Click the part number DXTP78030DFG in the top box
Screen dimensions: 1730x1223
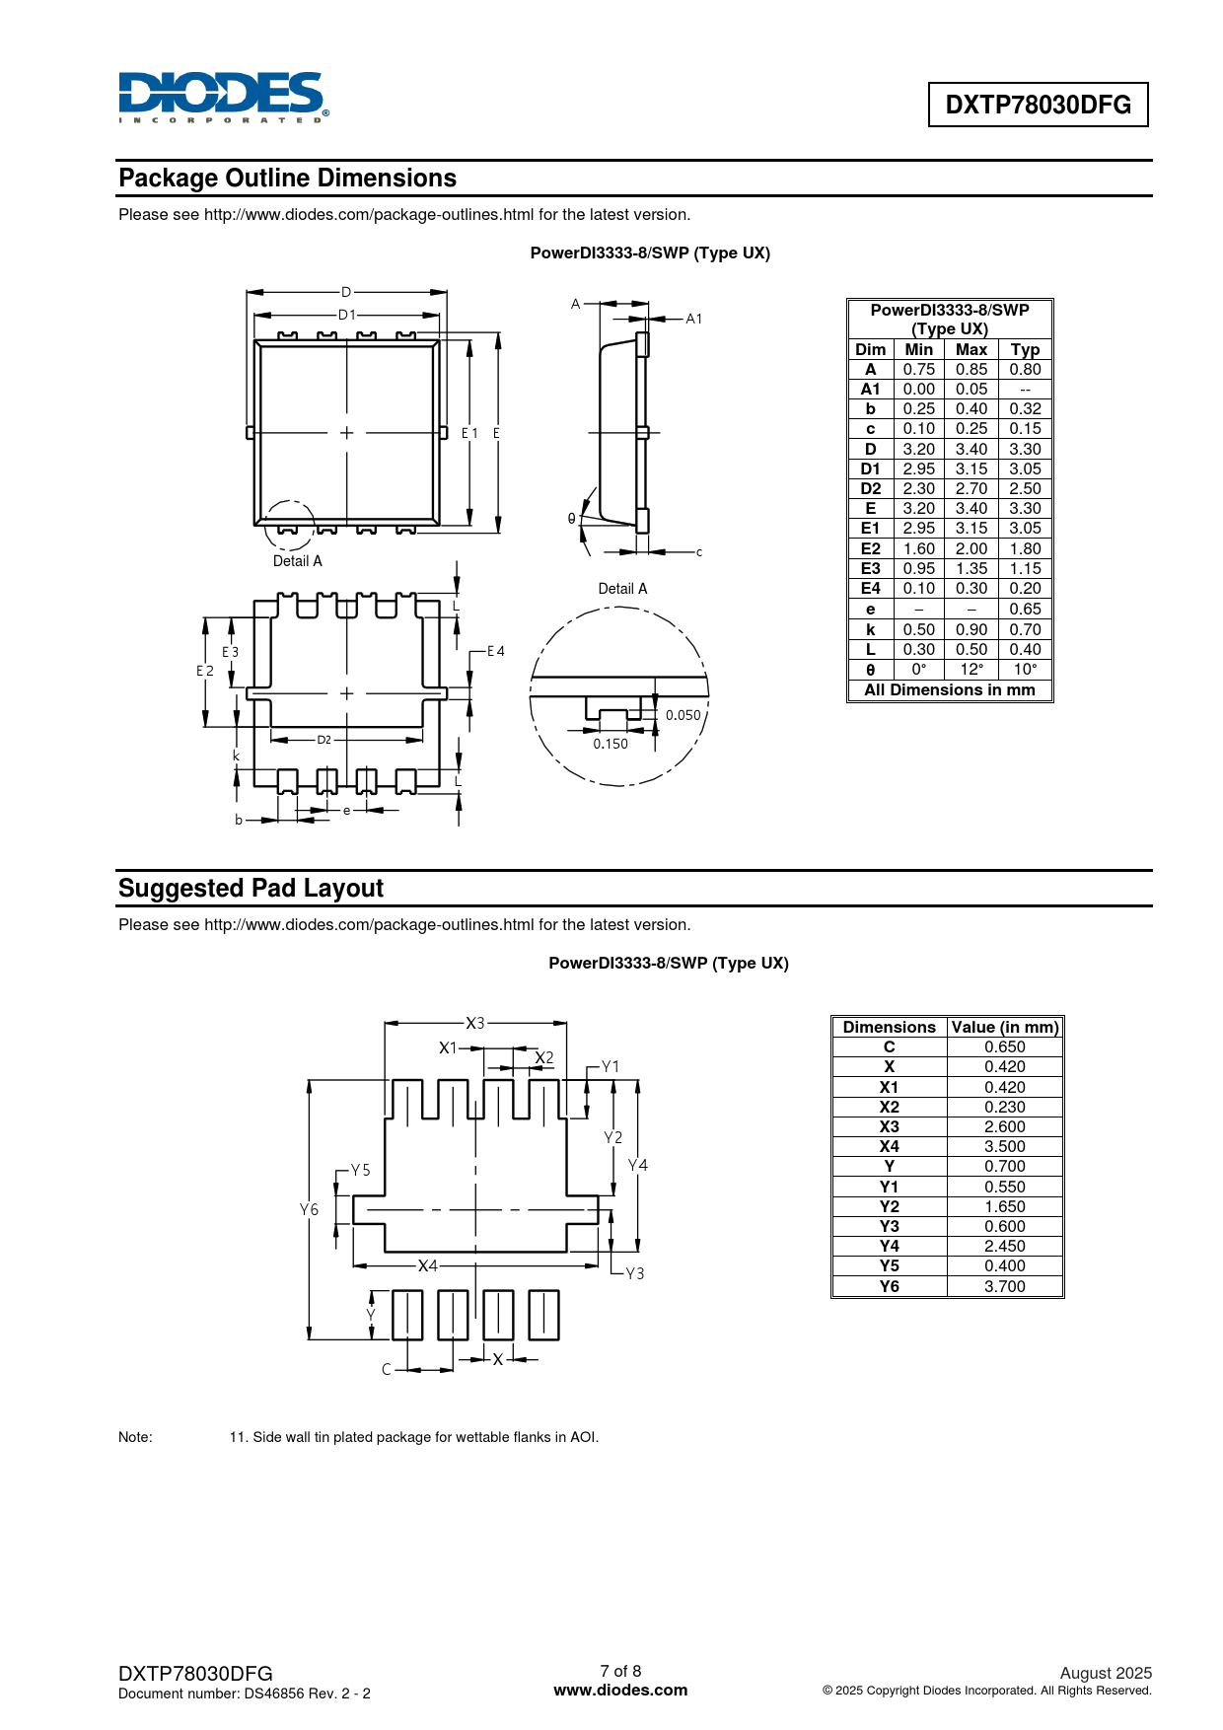coord(1038,105)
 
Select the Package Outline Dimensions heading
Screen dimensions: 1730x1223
coord(287,179)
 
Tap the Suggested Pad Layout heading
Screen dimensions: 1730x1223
coord(251,889)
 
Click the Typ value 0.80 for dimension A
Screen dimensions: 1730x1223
coord(1025,369)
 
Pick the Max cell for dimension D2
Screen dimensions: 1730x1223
coord(971,488)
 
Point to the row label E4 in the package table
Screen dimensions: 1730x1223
coord(870,588)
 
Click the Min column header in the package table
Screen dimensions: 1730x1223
coord(918,349)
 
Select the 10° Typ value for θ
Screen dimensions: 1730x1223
coord(1025,669)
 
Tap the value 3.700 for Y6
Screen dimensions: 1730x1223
coord(1004,1286)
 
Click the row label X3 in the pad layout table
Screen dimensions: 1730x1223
coord(889,1126)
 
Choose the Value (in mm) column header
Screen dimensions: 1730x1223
coord(1004,1027)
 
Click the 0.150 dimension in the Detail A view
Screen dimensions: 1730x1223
coord(611,744)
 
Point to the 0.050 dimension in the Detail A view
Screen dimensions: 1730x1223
coord(683,715)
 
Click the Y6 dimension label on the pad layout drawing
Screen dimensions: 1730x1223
coord(310,1209)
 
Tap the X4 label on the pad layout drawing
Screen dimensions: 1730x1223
coord(427,1265)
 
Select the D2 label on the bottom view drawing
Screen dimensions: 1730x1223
coord(324,740)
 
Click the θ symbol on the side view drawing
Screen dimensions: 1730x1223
coord(571,519)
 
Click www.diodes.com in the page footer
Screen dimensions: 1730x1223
coord(620,1690)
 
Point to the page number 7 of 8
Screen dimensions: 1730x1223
coord(620,1671)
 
